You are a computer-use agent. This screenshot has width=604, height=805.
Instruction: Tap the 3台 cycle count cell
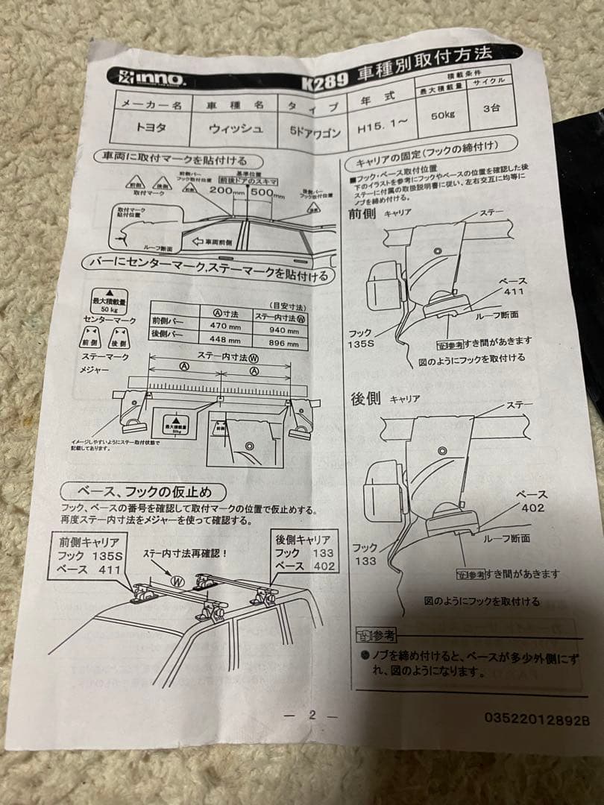(x=491, y=108)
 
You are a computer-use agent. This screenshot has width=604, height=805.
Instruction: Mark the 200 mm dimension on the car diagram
(x=221, y=192)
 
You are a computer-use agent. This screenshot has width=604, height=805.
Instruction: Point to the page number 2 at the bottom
(x=312, y=715)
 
